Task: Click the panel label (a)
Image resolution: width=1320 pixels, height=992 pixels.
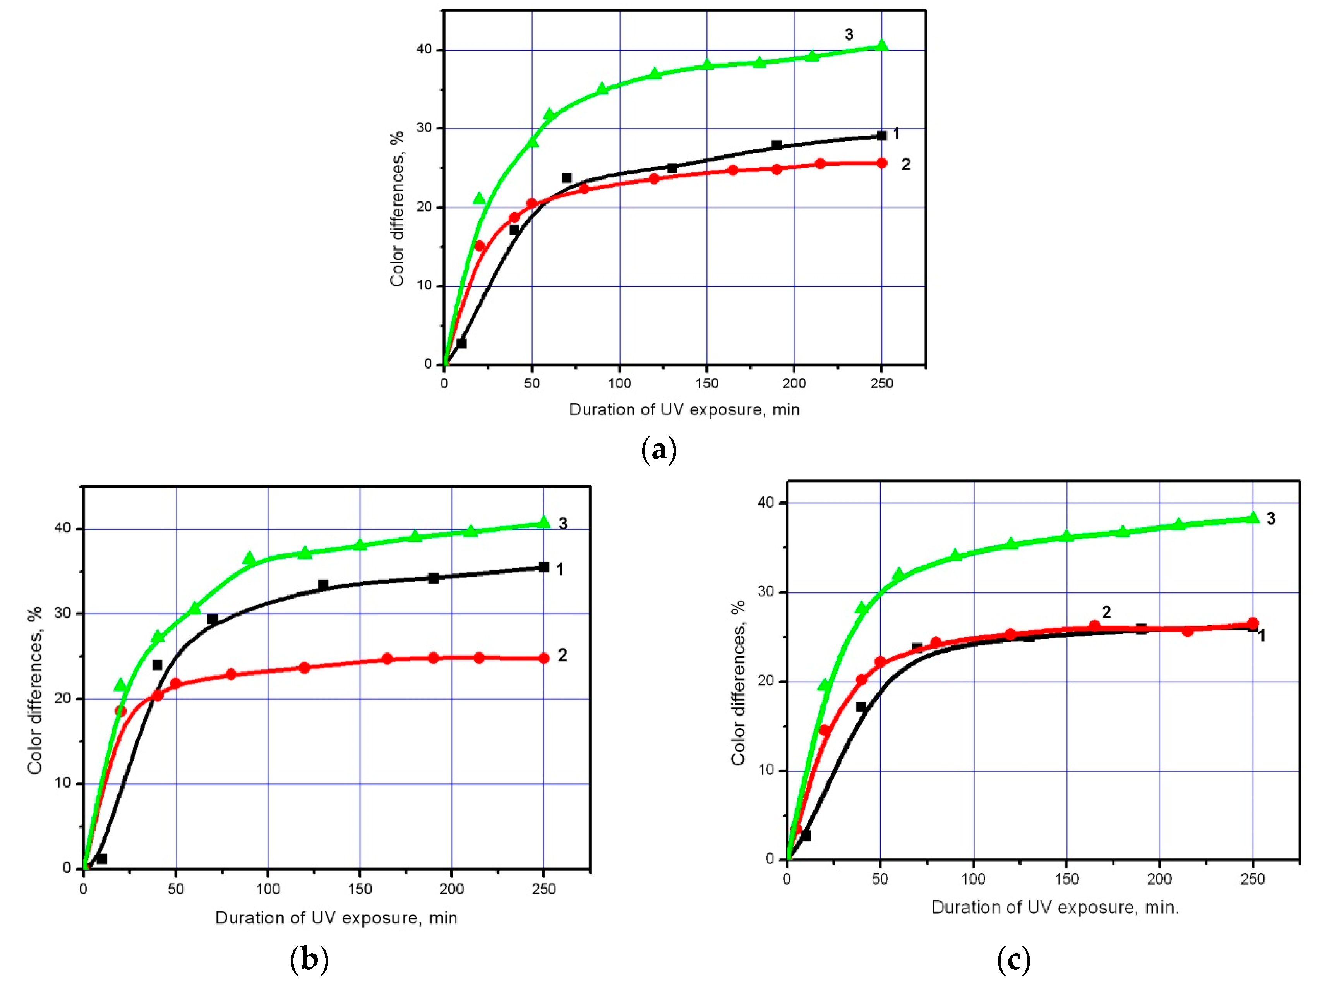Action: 659,450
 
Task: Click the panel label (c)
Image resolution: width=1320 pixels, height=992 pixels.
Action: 1013,960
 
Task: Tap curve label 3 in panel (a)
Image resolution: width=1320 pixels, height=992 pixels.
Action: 849,34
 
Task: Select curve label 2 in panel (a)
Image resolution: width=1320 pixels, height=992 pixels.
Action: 905,164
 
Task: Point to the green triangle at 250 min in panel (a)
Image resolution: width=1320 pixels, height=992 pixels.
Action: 881,45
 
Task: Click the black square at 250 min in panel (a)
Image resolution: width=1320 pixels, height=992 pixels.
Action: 881,136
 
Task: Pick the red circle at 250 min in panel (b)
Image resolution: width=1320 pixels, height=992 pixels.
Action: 543,658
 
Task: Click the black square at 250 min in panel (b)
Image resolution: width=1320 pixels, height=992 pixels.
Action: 543,567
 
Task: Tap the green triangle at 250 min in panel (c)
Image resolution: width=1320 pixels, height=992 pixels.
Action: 1253,517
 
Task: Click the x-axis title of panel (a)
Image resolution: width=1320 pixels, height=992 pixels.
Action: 684,409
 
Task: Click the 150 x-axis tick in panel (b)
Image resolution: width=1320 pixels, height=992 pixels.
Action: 360,889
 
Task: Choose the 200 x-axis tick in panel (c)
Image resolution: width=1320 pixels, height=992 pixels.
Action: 1159,879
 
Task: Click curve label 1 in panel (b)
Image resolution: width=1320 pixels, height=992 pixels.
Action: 559,570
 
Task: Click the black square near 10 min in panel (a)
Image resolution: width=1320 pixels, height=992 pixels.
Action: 461,343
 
